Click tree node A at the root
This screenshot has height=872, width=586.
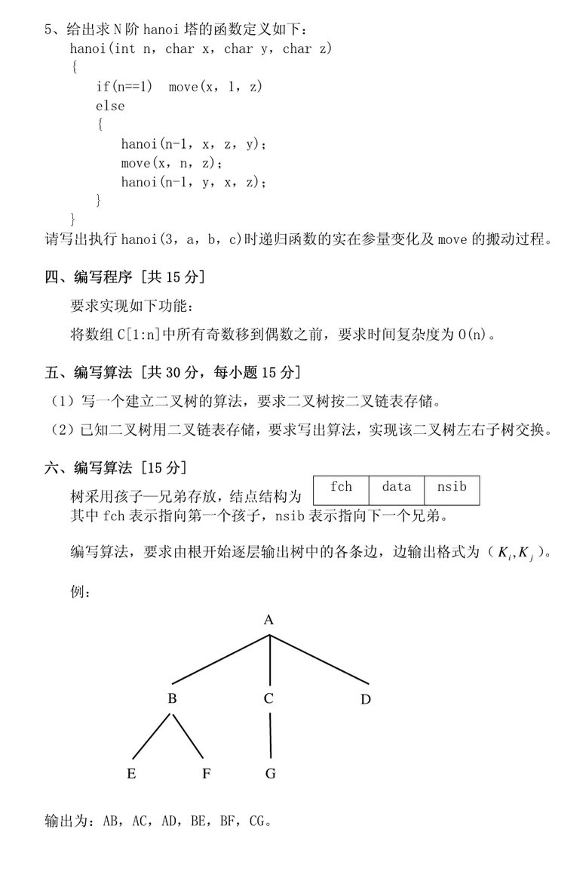(x=268, y=620)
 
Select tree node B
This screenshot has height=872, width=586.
(x=172, y=698)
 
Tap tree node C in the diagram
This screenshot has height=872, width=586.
(x=268, y=698)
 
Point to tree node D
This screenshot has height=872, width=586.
(x=366, y=699)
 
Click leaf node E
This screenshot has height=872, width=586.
(x=131, y=773)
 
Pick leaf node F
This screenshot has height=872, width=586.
(x=205, y=773)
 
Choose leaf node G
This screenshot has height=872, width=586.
(x=270, y=773)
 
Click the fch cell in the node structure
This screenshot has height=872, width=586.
(x=341, y=487)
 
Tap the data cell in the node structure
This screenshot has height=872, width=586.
(x=396, y=487)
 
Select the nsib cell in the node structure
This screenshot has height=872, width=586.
(x=452, y=487)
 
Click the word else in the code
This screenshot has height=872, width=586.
(x=110, y=106)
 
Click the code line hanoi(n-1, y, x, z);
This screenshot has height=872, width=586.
(x=194, y=182)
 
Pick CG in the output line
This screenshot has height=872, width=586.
(x=258, y=820)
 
